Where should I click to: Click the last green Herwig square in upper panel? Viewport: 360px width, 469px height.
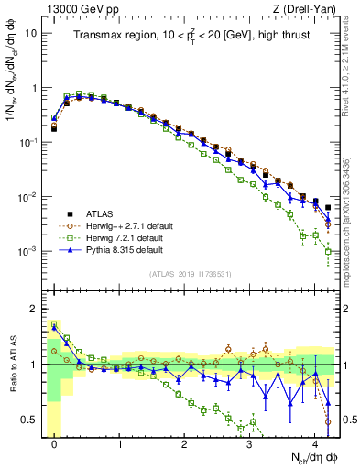(328, 251)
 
